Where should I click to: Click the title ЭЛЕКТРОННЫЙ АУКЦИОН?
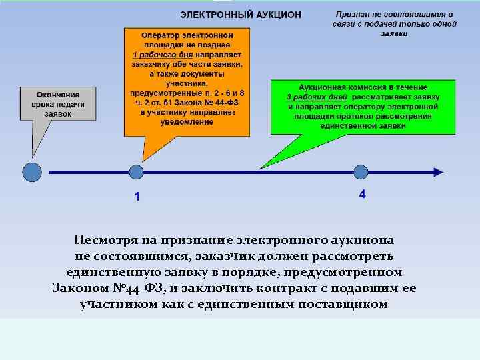241,14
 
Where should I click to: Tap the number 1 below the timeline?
137,197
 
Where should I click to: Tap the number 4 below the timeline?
362,195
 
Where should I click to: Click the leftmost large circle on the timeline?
31,172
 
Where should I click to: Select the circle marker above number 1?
137,172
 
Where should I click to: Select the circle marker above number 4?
361,172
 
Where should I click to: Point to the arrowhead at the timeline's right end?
437,172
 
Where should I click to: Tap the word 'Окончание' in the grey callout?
58,95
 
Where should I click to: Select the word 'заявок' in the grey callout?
58,114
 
